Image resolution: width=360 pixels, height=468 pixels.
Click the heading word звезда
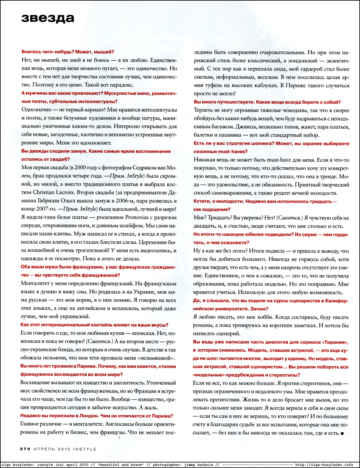tap(48, 18)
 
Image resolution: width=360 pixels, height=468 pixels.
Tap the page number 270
tap(25, 449)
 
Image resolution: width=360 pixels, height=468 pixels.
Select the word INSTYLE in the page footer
tap(85, 449)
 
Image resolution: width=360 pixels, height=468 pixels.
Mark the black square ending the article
tap(342, 433)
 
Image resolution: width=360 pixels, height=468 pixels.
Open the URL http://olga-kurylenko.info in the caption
tap(324, 464)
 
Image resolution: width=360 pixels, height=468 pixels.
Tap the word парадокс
tap(119, 85)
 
